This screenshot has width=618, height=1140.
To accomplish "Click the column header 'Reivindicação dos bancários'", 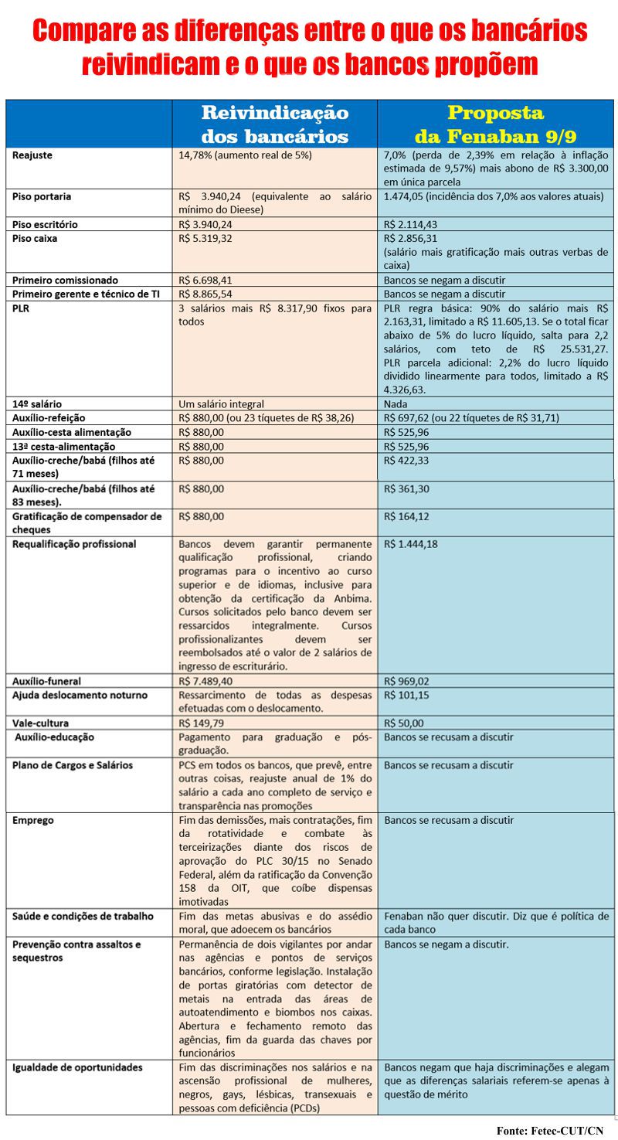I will click(x=274, y=124).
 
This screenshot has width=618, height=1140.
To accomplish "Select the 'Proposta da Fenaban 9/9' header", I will click(x=495, y=124).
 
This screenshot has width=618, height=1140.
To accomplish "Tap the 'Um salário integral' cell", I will click(x=221, y=403).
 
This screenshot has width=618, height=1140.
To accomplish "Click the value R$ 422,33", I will click(x=406, y=461).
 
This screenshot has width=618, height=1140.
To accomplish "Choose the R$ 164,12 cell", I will click(x=406, y=516).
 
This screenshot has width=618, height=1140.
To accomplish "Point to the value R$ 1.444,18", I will click(x=412, y=544).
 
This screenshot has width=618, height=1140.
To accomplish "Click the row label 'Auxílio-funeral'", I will click(x=46, y=681).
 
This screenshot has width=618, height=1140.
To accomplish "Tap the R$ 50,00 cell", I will click(x=403, y=723).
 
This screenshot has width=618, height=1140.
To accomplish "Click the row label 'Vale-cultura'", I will click(x=40, y=723).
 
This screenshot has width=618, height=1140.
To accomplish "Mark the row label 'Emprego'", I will click(x=33, y=821).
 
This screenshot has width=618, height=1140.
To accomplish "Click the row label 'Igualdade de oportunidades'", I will click(x=77, y=1067).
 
